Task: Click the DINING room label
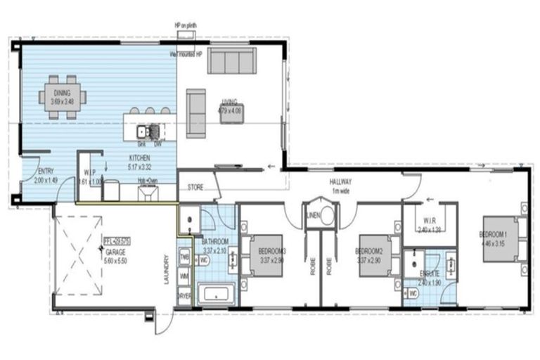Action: [x=63, y=93]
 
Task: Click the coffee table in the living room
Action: [x=233, y=113]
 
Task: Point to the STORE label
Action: [x=195, y=188]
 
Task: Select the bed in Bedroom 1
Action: [x=503, y=240]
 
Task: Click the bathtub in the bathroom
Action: [x=216, y=295]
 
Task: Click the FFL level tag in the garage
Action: [x=117, y=240]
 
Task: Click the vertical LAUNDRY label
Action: [x=166, y=271]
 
